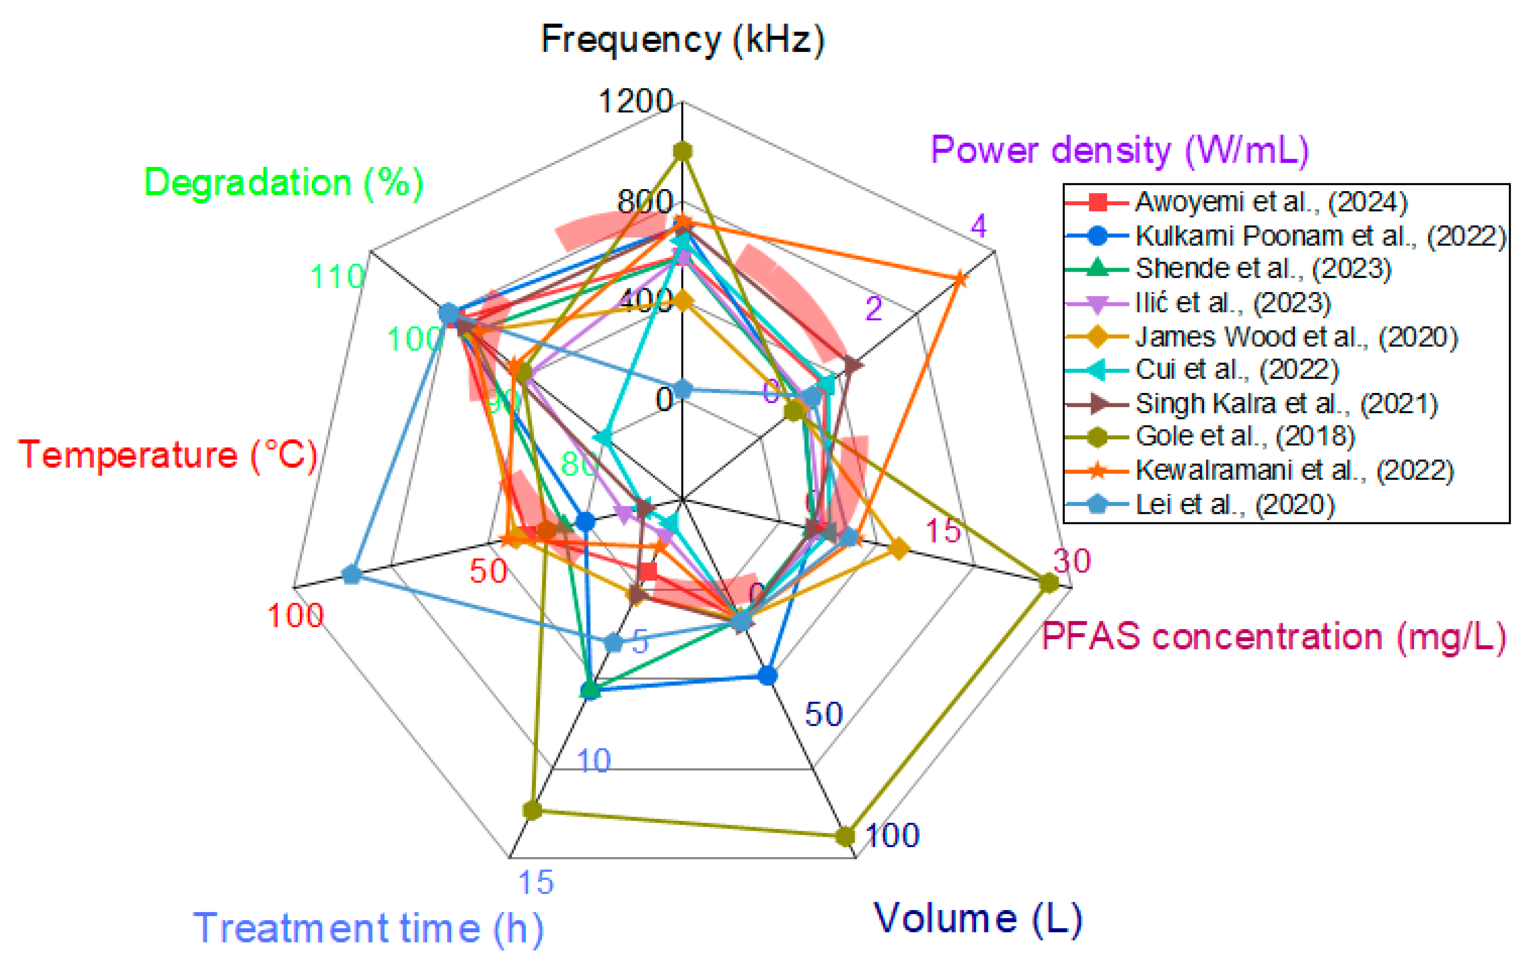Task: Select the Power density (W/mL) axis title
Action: (x=1120, y=151)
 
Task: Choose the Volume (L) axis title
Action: (x=978, y=918)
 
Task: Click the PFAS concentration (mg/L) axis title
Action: (x=1274, y=636)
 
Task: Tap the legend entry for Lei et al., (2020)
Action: (x=1234, y=504)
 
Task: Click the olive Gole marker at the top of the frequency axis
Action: (x=683, y=151)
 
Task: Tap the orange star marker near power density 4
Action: (x=959, y=279)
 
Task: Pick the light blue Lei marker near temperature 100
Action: (x=352, y=575)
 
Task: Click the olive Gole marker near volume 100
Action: (x=845, y=836)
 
